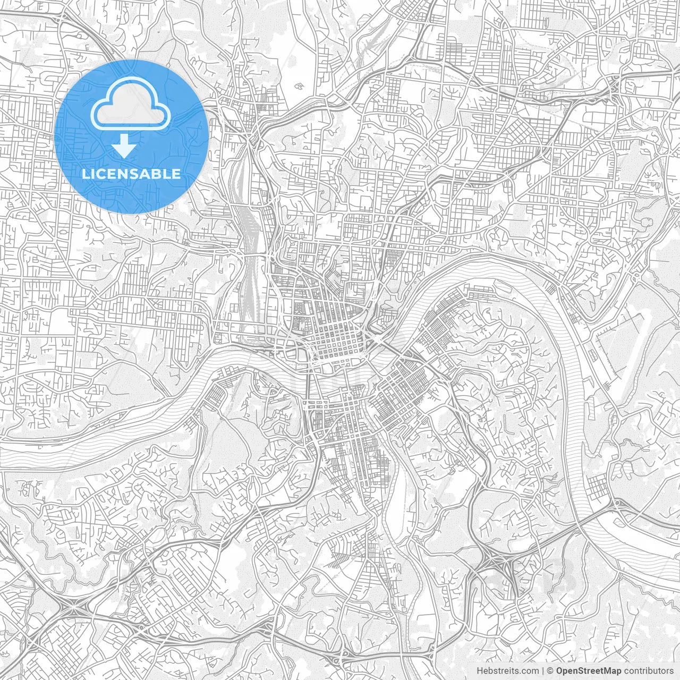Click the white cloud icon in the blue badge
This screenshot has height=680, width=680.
[x=131, y=107]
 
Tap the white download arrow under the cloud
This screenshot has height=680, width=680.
[x=124, y=146]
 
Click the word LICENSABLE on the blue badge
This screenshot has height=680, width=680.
[x=131, y=174]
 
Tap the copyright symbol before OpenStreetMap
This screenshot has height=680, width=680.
[x=550, y=670]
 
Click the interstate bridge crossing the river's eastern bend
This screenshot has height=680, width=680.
[x=590, y=518]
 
